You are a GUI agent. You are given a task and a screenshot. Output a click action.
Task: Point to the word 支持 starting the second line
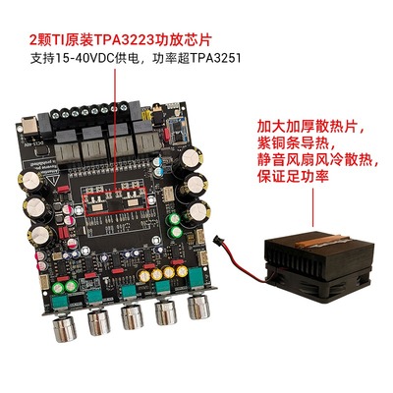(57, 59)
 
